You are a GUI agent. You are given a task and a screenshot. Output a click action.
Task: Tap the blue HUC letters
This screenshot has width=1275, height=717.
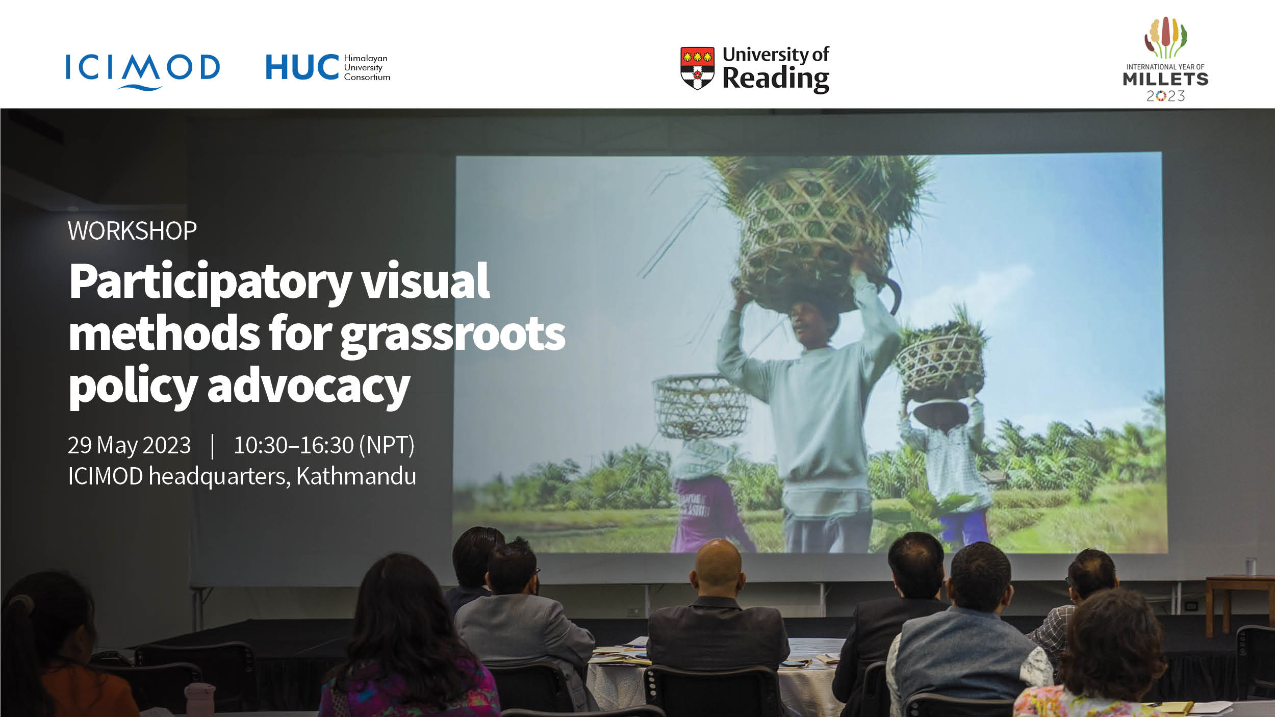pos(302,67)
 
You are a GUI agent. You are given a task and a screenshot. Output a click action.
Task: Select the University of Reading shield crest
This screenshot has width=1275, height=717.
pos(697,68)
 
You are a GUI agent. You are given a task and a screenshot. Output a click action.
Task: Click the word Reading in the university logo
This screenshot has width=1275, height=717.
pos(776,80)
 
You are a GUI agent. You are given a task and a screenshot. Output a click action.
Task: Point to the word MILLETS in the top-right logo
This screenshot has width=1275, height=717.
pos(1165,79)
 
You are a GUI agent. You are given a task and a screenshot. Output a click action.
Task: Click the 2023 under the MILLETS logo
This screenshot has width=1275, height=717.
pos(1165,96)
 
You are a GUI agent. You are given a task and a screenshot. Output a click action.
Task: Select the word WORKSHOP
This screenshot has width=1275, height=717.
pos(132,231)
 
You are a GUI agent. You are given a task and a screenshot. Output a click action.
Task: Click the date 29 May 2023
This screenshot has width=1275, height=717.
pos(130,445)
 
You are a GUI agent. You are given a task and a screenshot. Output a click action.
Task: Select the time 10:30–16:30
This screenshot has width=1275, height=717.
pos(294,445)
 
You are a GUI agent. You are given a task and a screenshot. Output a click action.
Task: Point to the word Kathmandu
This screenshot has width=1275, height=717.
pos(356,476)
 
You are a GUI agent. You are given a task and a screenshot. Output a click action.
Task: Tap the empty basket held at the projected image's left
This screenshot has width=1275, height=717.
pos(700,406)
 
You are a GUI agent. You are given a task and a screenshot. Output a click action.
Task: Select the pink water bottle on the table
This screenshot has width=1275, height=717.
pos(199,700)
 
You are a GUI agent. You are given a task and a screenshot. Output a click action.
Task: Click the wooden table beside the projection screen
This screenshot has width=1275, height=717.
pos(1239,602)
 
